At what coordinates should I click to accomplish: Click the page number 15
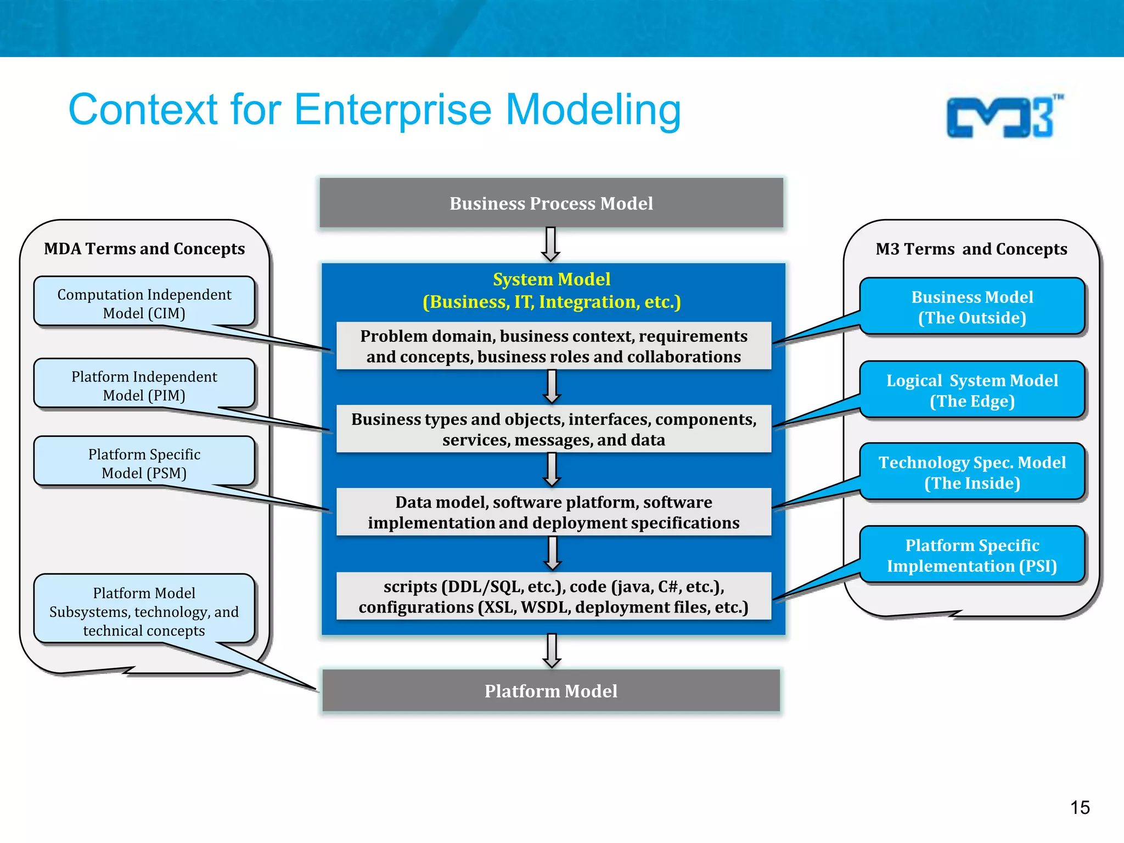pyautogui.click(x=1080, y=807)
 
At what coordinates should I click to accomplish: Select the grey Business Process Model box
pyautogui.click(x=551, y=203)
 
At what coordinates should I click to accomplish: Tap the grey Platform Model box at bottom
pyautogui.click(x=551, y=690)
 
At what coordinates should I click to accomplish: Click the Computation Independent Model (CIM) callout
pyautogui.click(x=144, y=304)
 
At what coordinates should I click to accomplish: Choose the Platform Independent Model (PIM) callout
pyautogui.click(x=144, y=385)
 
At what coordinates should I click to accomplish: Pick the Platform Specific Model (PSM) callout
pyautogui.click(x=144, y=463)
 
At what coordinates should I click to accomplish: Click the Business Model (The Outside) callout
pyautogui.click(x=972, y=307)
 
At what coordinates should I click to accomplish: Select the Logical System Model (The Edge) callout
pyautogui.click(x=972, y=390)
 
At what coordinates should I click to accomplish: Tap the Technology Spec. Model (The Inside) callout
pyautogui.click(x=972, y=472)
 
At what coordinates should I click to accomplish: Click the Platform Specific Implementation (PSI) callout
pyautogui.click(x=972, y=555)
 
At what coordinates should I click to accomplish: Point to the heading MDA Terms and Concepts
pyautogui.click(x=144, y=249)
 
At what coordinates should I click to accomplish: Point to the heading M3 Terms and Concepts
pyautogui.click(x=971, y=249)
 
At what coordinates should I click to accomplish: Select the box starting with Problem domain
pyautogui.click(x=553, y=346)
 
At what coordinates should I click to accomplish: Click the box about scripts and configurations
pyautogui.click(x=553, y=596)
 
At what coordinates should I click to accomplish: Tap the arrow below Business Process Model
pyautogui.click(x=551, y=245)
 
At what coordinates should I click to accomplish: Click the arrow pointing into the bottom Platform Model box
pyautogui.click(x=552, y=651)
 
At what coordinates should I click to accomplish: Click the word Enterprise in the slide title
pyautogui.click(x=392, y=110)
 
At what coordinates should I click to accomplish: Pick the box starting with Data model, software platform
pyautogui.click(x=553, y=512)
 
